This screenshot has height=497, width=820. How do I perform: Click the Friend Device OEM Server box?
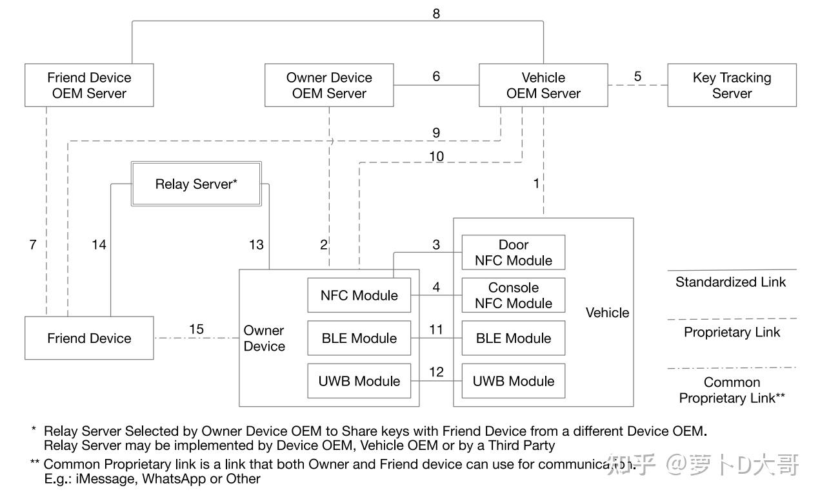(x=89, y=85)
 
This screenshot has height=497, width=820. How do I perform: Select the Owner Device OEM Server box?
(x=329, y=85)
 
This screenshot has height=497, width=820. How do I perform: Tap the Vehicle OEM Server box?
(x=543, y=85)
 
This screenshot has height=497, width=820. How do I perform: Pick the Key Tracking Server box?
(x=732, y=85)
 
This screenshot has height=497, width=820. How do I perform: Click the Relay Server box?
(x=196, y=184)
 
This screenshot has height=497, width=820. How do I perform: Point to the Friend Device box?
(x=89, y=338)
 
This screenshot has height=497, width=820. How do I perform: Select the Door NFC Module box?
(x=513, y=252)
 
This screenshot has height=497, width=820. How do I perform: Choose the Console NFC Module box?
(x=513, y=295)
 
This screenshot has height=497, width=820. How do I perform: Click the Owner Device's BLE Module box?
(x=359, y=338)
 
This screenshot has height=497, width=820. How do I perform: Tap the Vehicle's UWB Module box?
(x=513, y=381)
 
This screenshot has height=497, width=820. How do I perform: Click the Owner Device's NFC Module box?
(x=359, y=295)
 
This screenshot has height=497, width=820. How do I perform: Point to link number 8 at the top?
(x=436, y=14)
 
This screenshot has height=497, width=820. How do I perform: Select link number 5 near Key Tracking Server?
(x=637, y=76)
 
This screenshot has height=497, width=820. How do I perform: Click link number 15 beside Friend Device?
(x=196, y=329)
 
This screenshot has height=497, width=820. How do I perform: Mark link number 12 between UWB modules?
(x=436, y=372)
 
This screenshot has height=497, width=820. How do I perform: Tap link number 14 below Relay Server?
(x=99, y=245)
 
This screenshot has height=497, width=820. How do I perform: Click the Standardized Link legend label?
(x=730, y=282)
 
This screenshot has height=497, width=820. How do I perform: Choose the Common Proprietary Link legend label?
(x=732, y=390)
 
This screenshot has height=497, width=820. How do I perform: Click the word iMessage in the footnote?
(x=114, y=479)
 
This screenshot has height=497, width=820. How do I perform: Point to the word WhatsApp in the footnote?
(x=169, y=479)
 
